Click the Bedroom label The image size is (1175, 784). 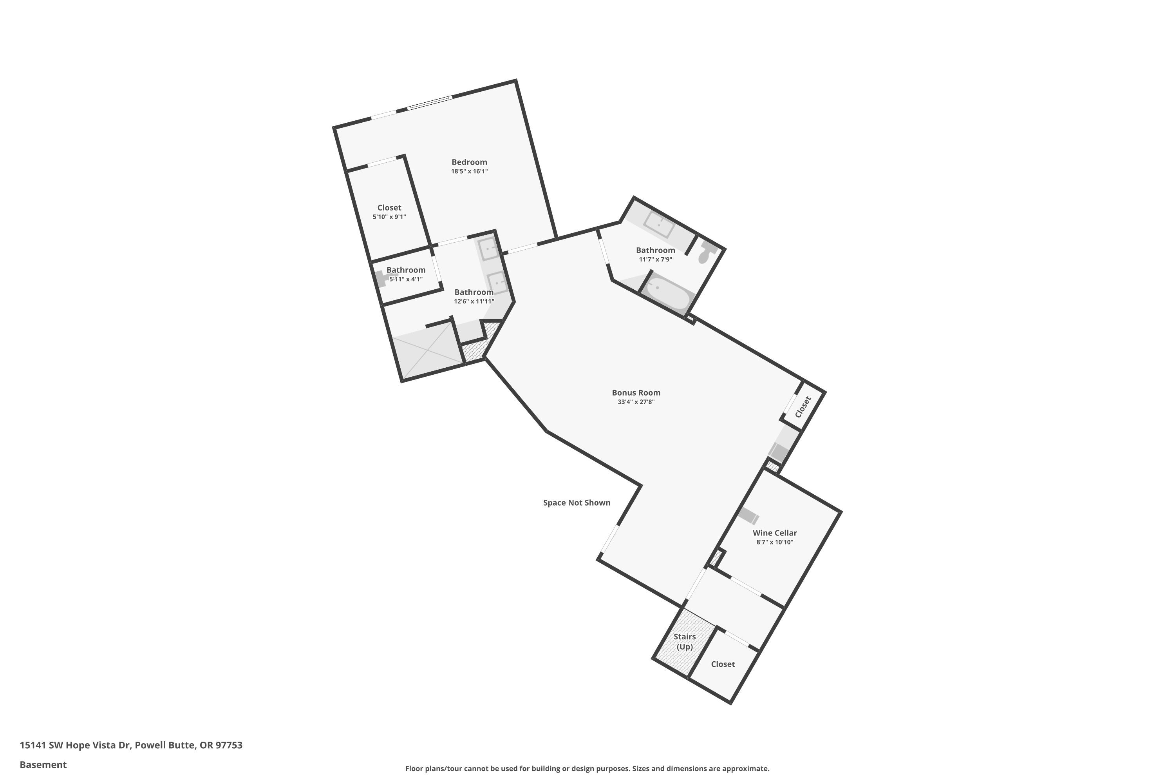(x=469, y=162)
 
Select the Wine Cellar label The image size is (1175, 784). (x=774, y=533)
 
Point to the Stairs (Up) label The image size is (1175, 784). (x=684, y=641)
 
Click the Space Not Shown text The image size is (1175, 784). (x=577, y=503)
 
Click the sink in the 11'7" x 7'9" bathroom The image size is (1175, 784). (x=659, y=225)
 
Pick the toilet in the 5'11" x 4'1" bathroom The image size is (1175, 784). (x=381, y=278)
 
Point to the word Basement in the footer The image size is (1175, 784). (x=43, y=764)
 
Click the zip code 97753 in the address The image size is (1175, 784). (x=229, y=745)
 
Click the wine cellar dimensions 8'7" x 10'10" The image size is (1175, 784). (x=774, y=542)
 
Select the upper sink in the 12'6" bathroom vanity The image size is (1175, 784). (x=487, y=247)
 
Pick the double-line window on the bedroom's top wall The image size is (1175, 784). (x=430, y=102)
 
